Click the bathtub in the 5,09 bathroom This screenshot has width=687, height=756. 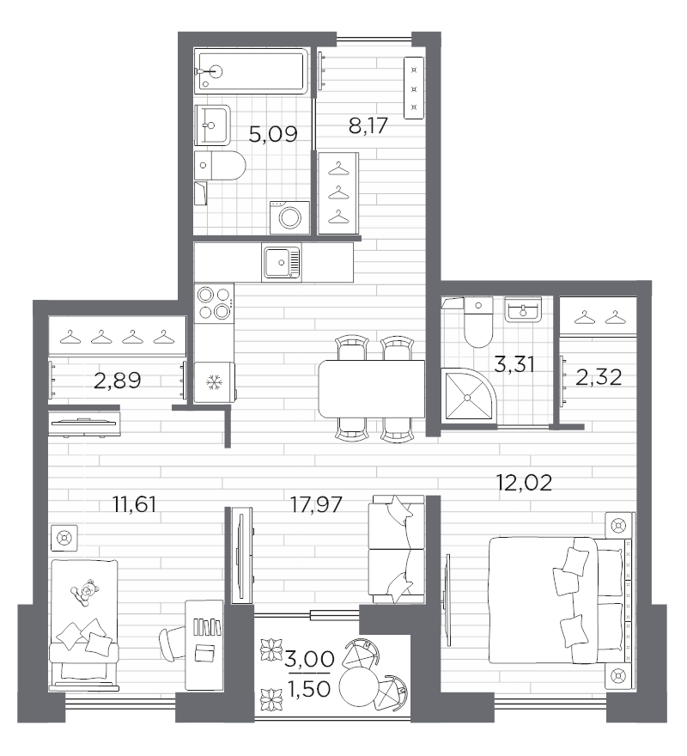tap(252, 71)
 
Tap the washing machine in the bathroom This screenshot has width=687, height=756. tap(289, 216)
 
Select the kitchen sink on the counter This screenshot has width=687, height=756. tap(282, 261)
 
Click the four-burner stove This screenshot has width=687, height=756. tap(214, 302)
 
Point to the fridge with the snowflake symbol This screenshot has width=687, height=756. tap(213, 381)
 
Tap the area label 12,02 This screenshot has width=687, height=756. tap(524, 482)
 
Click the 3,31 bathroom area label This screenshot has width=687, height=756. tap(514, 364)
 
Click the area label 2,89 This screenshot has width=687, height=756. tap(118, 381)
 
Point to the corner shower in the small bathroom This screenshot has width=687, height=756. tap(467, 395)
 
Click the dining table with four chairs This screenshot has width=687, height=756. tap(370, 388)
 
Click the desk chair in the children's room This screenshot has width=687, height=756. tap(172, 641)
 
